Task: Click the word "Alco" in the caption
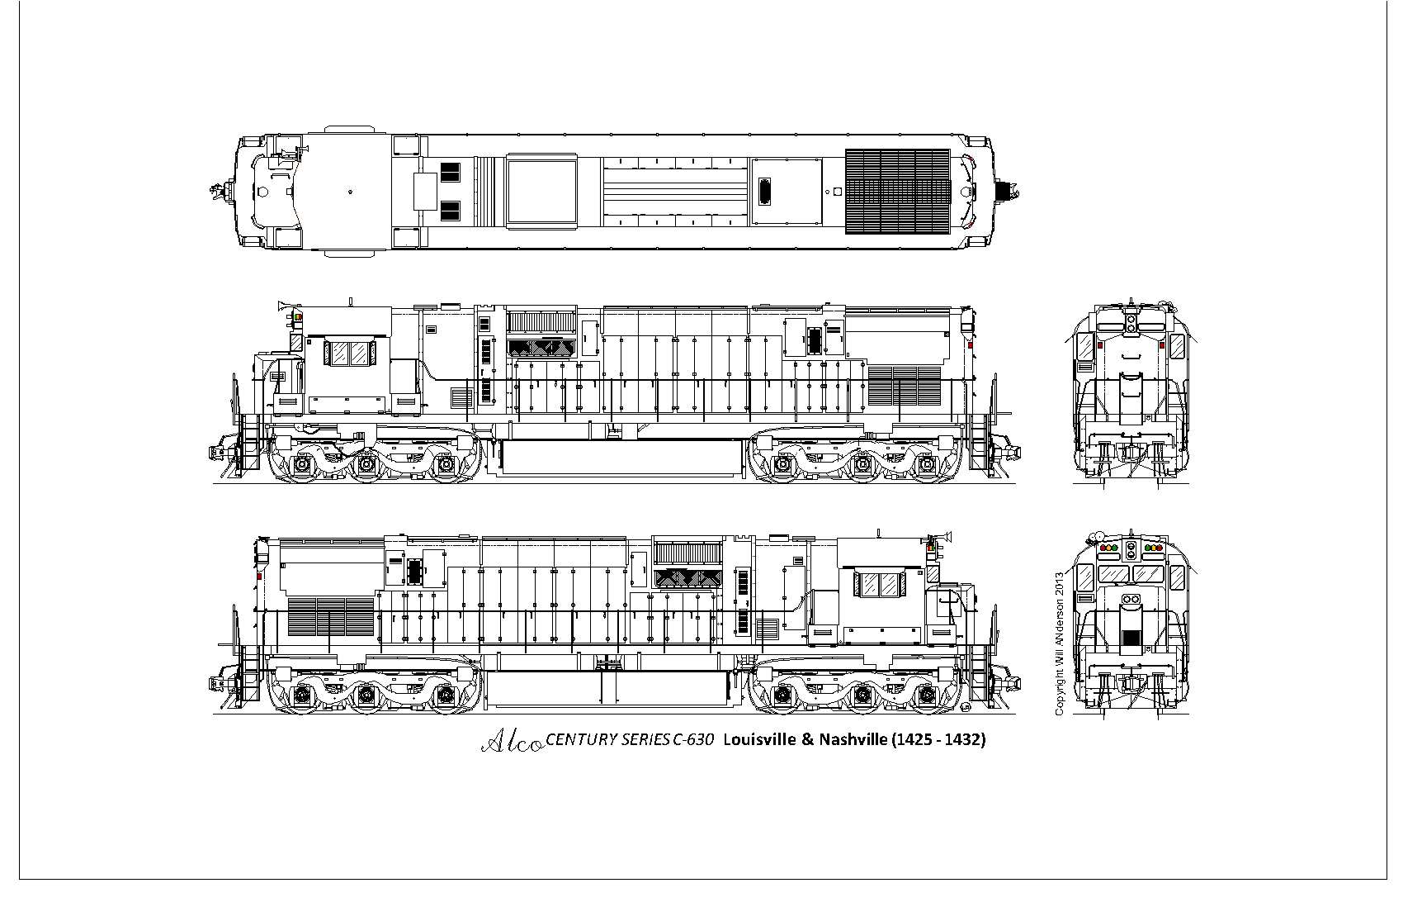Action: point(512,742)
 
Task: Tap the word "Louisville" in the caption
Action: point(757,740)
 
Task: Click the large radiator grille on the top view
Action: point(898,192)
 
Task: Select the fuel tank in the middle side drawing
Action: point(616,458)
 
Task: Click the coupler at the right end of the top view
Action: point(1008,192)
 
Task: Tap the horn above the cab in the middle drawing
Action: point(288,306)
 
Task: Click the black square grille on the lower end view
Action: point(1131,639)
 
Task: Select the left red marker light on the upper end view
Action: point(1099,345)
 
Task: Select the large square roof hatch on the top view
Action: point(541,192)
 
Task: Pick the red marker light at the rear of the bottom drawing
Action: point(258,575)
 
